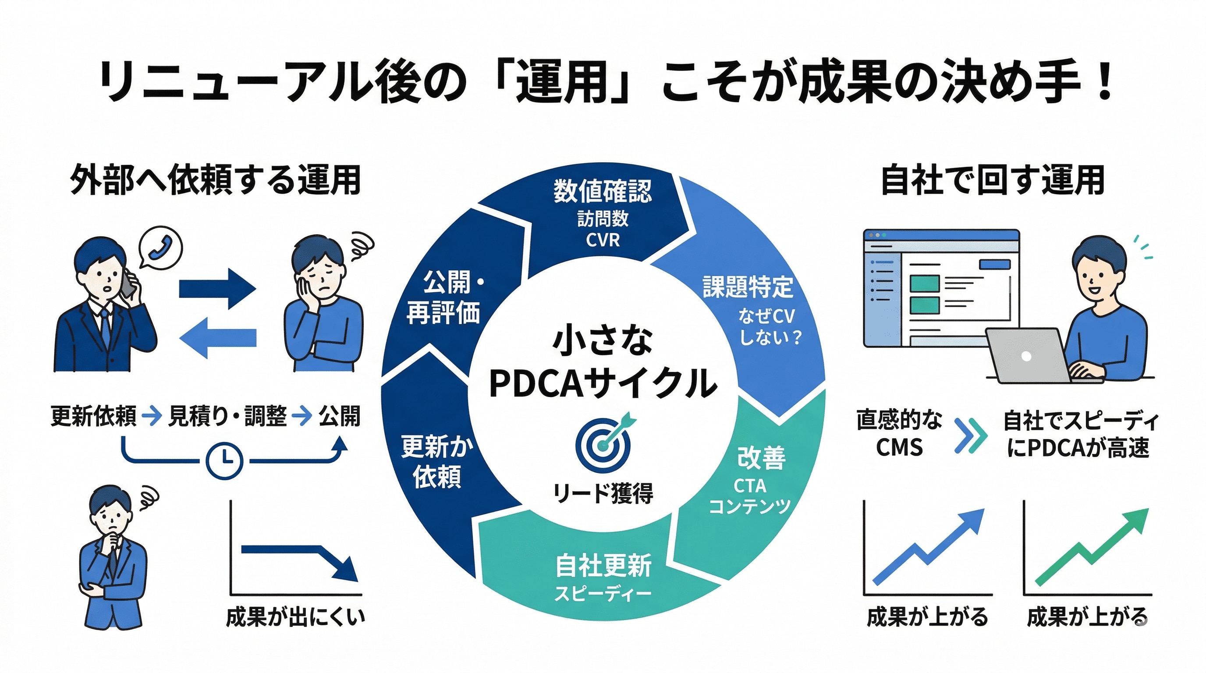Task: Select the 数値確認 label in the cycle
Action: tap(603, 191)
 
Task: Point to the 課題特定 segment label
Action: tap(748, 287)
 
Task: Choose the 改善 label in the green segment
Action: tap(761, 457)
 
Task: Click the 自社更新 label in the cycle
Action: tap(603, 565)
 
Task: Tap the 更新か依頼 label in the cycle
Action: tap(437, 461)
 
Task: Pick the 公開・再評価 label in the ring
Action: tap(444, 297)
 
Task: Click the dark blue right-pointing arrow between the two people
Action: tap(217, 289)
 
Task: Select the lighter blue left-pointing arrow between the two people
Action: tap(217, 337)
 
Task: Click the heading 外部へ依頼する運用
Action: tap(215, 179)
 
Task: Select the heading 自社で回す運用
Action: tap(993, 179)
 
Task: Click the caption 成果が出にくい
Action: tap(295, 617)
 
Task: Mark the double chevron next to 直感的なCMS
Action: tap(970, 435)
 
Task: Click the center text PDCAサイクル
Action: tap(603, 383)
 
